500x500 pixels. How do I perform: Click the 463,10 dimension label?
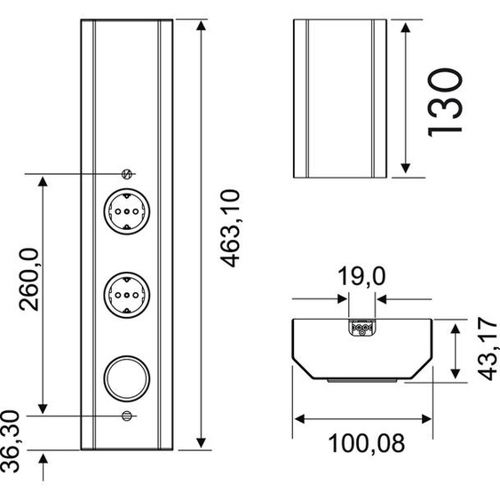[x=230, y=228]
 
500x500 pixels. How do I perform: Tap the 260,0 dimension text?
[x=28, y=280]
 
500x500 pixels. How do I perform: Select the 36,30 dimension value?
[x=10, y=441]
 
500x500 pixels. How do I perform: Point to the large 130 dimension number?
[x=444, y=103]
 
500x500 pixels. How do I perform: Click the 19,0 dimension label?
[x=361, y=276]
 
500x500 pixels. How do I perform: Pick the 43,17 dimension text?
[x=488, y=348]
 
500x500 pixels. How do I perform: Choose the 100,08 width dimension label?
[x=367, y=443]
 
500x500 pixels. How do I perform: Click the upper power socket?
[x=127, y=211]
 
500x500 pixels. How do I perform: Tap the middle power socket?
[x=127, y=295]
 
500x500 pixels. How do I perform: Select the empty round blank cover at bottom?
[x=127, y=378]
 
